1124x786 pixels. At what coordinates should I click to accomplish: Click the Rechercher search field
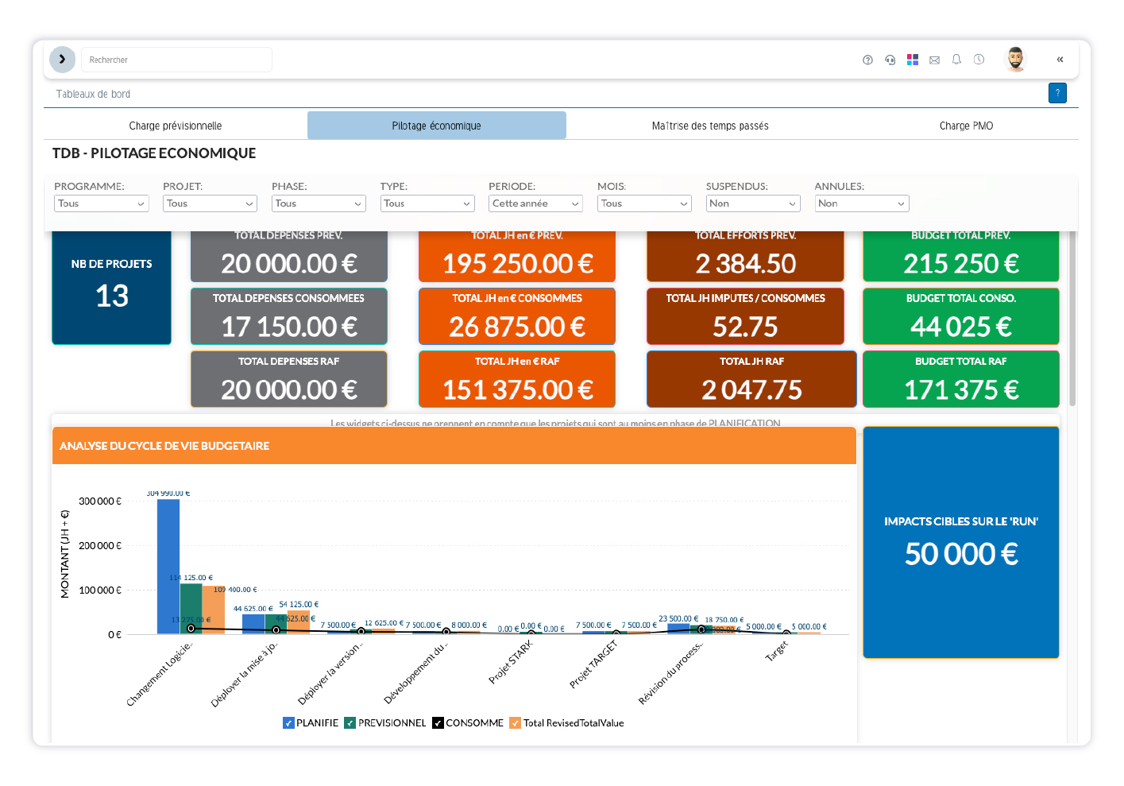[x=176, y=60]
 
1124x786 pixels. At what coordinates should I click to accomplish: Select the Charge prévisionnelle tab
[x=176, y=126]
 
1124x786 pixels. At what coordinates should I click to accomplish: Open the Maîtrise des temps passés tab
[x=709, y=126]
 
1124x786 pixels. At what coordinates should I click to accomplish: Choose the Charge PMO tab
[x=966, y=126]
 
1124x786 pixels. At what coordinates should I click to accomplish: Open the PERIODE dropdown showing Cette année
[x=535, y=203]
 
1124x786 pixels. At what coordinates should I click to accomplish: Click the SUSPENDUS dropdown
[x=752, y=203]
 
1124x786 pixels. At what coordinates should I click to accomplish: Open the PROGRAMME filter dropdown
[x=101, y=203]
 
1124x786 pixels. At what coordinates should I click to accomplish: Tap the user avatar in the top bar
[x=1015, y=59]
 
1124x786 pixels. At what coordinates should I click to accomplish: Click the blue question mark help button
[x=1057, y=93]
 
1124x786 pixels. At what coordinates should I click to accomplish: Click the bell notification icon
[x=956, y=60]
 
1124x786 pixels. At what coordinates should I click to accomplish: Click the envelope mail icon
[x=934, y=60]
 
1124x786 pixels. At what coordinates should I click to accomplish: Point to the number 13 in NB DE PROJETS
[x=112, y=296]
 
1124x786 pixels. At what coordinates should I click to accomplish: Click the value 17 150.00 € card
[x=289, y=327]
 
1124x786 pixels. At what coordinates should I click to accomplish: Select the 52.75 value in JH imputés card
[x=745, y=327]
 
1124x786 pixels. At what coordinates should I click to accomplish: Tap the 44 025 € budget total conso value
[x=960, y=327]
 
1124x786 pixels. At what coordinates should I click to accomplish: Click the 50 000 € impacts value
[x=961, y=554]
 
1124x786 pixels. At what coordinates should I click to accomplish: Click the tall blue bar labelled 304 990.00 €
[x=168, y=566]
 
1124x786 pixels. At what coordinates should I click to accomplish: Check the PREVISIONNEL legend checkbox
[x=350, y=723]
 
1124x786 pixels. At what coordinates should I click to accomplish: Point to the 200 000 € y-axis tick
[x=100, y=546]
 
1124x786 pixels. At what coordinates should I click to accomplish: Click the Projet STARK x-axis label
[x=511, y=662]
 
